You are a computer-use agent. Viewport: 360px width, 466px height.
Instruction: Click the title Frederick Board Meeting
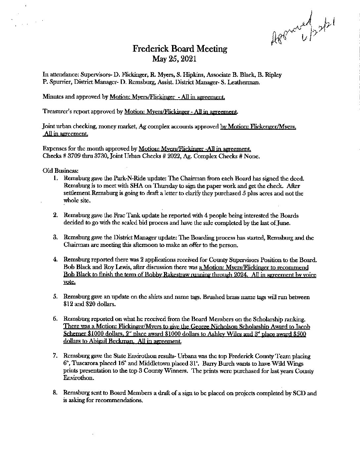[x=180, y=49]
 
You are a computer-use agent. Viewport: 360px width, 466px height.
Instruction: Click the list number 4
[x=56, y=259]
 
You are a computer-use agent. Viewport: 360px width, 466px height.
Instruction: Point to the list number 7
[x=56, y=356]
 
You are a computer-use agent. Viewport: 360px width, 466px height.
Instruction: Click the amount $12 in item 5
[x=69, y=304]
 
